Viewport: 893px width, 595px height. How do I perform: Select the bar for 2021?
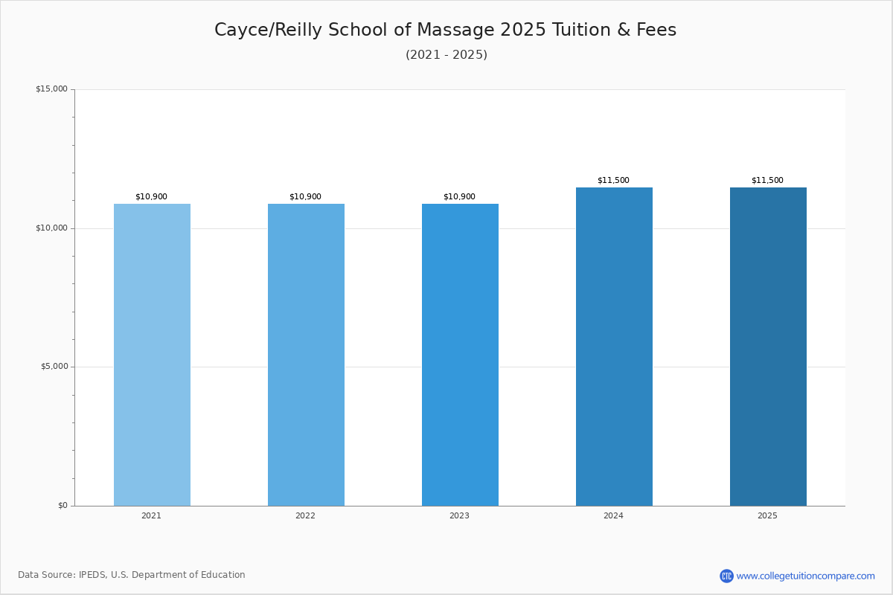tap(152, 355)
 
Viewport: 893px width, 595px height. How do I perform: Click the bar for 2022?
tap(306, 355)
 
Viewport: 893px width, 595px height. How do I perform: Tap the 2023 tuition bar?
tap(460, 355)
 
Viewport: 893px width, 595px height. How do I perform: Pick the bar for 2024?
tap(614, 347)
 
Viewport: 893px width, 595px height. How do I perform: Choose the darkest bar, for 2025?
tap(768, 347)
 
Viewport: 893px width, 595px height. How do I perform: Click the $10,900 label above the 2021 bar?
tap(152, 196)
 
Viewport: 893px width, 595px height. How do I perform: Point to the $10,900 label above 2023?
tap(459, 196)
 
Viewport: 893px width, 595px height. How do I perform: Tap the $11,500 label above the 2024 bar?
tap(613, 180)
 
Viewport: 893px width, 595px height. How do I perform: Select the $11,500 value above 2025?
tap(767, 180)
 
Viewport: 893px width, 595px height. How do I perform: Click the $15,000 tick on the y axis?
tap(52, 89)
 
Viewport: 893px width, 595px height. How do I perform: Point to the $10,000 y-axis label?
tap(52, 228)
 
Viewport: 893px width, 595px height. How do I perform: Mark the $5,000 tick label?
tap(54, 366)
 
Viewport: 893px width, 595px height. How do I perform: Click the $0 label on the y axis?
tap(63, 505)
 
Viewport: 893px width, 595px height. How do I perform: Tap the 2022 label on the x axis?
tap(305, 515)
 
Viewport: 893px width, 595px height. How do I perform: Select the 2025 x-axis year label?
tap(767, 515)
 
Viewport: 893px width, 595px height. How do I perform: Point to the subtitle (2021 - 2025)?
tap(446, 54)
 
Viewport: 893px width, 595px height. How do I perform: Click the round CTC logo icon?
tap(726, 576)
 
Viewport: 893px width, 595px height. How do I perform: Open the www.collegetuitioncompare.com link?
tap(806, 576)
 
